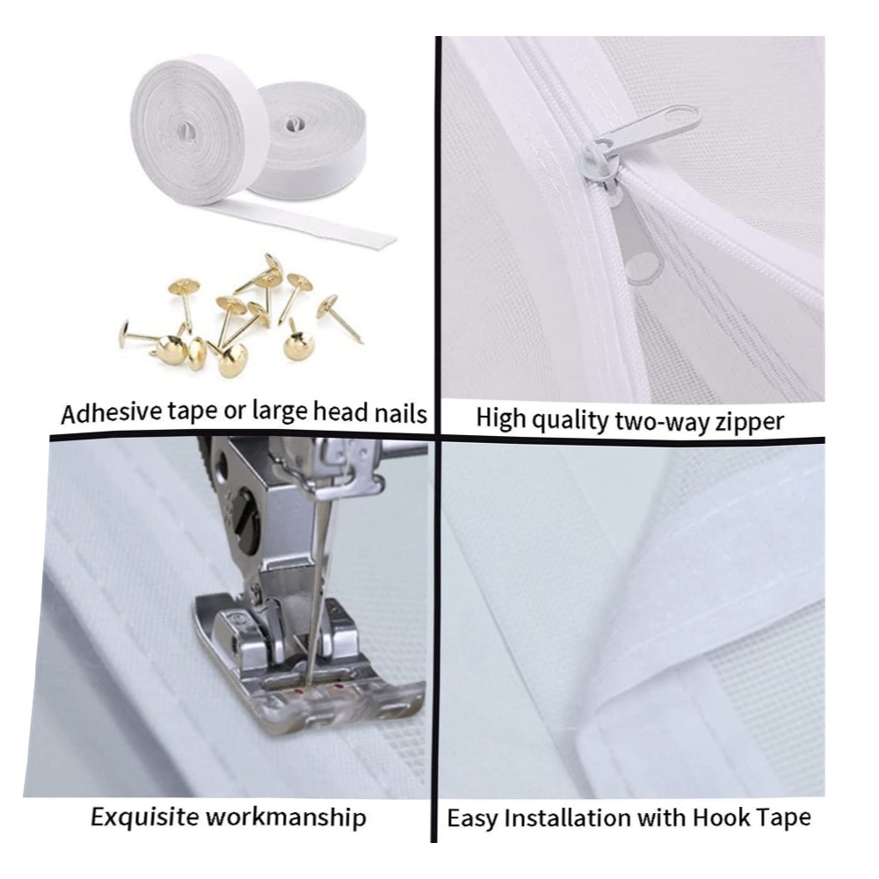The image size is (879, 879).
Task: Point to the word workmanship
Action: point(286,817)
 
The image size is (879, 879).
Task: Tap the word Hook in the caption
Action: point(721,817)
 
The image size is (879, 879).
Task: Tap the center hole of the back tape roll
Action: point(292,123)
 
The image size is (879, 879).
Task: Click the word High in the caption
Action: point(502,420)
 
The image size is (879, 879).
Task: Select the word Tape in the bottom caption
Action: point(784,819)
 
